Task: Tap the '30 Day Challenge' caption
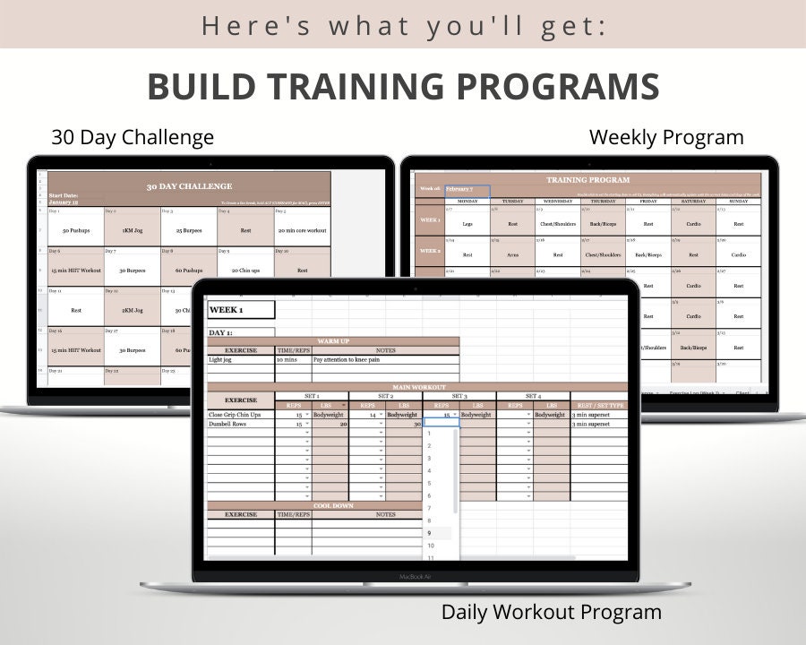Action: coord(133,137)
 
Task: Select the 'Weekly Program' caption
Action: coord(665,137)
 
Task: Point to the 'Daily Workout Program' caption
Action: coord(551,613)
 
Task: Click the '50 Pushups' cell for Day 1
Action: coord(75,230)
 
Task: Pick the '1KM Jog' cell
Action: coord(132,230)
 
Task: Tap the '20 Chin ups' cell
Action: coord(244,270)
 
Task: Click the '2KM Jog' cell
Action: coord(132,310)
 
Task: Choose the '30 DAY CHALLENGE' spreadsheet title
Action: coord(189,186)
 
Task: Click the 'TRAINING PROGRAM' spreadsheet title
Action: coord(588,180)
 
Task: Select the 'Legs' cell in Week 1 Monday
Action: coord(467,224)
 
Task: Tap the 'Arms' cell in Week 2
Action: coord(511,254)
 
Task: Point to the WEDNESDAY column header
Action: coord(557,202)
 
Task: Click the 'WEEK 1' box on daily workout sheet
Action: coord(241,310)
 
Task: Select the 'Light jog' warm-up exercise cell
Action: coord(240,358)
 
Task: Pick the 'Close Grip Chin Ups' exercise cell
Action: coord(240,415)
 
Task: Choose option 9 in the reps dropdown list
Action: coord(431,533)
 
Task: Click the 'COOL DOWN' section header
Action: coord(332,505)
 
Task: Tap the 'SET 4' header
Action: coord(533,395)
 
